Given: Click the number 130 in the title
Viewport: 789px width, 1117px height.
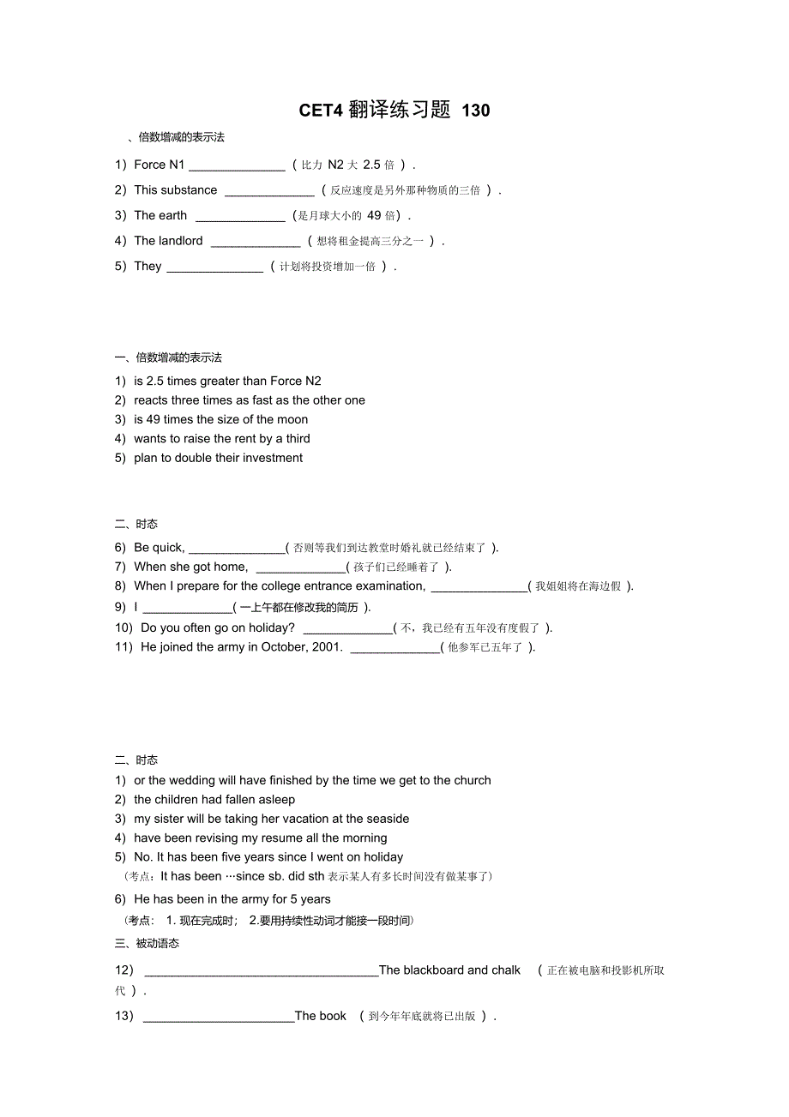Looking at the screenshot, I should pos(476,111).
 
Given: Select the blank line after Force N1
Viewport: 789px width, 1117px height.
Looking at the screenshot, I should pos(237,169).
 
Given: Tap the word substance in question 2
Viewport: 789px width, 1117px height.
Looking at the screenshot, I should pos(188,190).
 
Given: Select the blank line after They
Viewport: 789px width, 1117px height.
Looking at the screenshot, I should pos(214,271).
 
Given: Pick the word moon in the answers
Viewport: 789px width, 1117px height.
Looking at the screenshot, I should pos(292,420).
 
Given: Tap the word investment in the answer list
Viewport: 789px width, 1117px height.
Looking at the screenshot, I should pos(272,459).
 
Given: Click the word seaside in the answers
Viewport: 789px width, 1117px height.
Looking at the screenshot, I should pos(387,820).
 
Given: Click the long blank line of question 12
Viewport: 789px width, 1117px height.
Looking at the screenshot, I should pos(262,975).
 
